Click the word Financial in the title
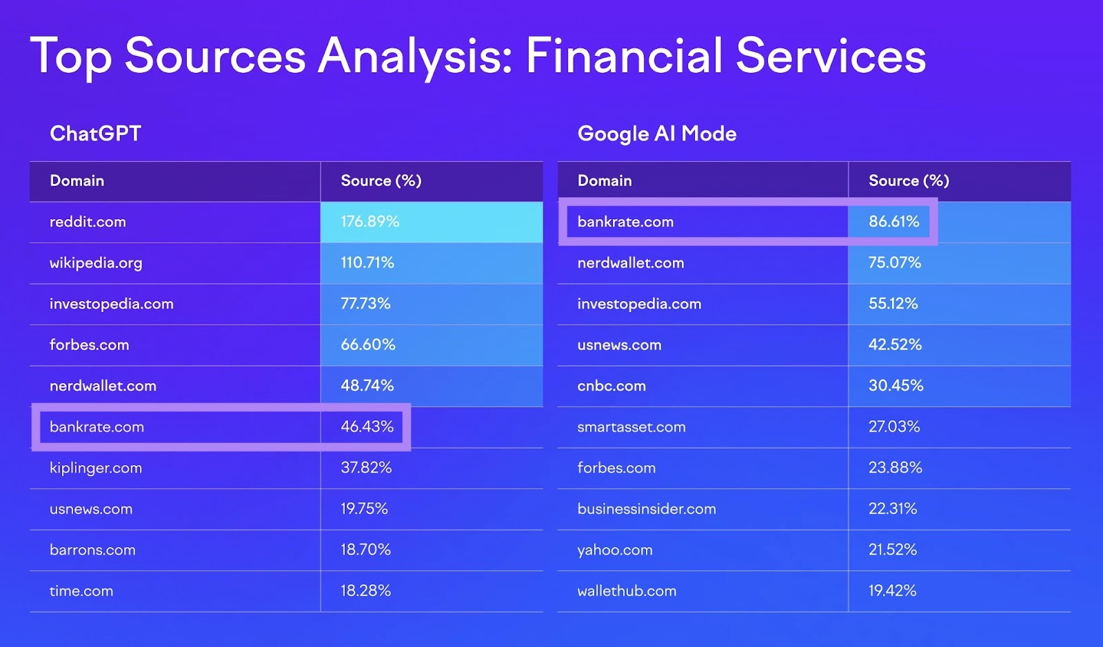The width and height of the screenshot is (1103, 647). click(x=623, y=56)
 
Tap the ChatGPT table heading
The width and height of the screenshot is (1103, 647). click(x=95, y=133)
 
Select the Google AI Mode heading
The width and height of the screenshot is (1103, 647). click(x=656, y=134)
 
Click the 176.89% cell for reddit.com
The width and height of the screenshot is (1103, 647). click(x=370, y=222)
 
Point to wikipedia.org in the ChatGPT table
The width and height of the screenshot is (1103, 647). click(x=96, y=263)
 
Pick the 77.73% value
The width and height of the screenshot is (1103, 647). click(x=365, y=304)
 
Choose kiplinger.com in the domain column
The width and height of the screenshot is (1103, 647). click(x=96, y=468)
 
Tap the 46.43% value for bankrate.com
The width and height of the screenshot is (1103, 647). click(x=367, y=427)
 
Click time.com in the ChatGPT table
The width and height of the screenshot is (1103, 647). click(x=81, y=591)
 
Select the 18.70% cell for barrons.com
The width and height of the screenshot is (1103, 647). click(x=365, y=550)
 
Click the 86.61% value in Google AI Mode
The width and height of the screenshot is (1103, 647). click(x=893, y=222)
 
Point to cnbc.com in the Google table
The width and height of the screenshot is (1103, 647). click(x=611, y=386)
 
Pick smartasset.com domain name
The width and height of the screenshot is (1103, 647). click(x=631, y=427)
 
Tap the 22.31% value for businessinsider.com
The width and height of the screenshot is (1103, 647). click(x=892, y=509)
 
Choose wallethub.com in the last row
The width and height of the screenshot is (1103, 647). click(x=627, y=591)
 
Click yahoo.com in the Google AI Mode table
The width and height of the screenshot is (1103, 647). click(x=614, y=550)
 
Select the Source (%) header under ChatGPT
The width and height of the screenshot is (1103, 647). click(x=381, y=181)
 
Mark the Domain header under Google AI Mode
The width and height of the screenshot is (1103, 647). click(x=604, y=181)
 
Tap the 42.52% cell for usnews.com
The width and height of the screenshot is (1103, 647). click(x=895, y=345)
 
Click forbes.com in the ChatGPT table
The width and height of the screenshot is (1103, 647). click(x=89, y=345)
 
